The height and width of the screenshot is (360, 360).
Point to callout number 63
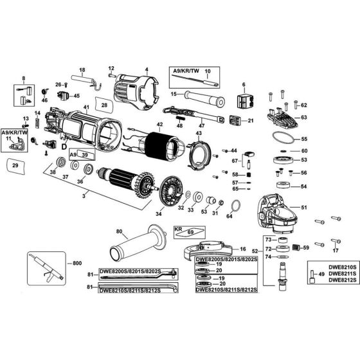(x=304, y=118)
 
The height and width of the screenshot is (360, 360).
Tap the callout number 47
(x=201, y=126)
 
